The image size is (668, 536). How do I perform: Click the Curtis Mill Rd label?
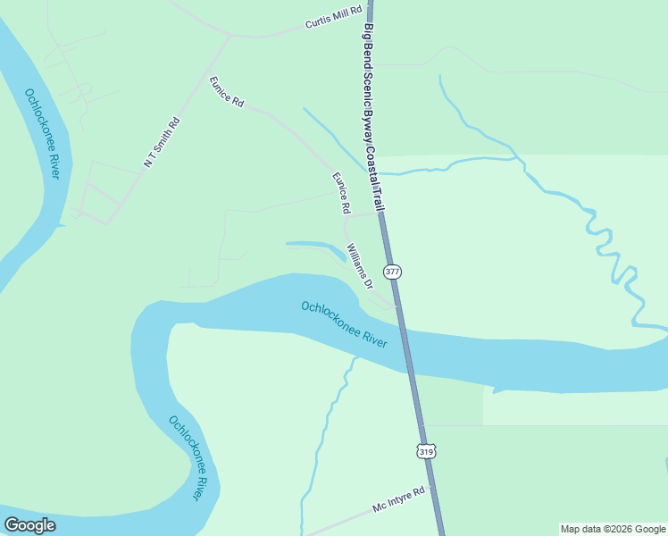[x=333, y=17]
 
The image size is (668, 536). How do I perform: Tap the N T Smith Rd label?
[x=162, y=142]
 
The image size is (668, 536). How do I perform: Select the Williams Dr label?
[x=359, y=266]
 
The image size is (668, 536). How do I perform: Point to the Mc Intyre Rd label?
[x=400, y=503]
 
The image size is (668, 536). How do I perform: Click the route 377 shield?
[x=391, y=271]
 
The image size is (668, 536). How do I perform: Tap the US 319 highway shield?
[x=426, y=452]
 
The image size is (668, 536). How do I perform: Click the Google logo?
[x=30, y=525]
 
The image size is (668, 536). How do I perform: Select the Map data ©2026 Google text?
[x=613, y=529]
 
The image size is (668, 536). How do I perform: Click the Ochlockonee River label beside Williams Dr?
[x=344, y=324]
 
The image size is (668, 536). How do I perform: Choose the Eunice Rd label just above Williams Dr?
[x=341, y=193]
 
